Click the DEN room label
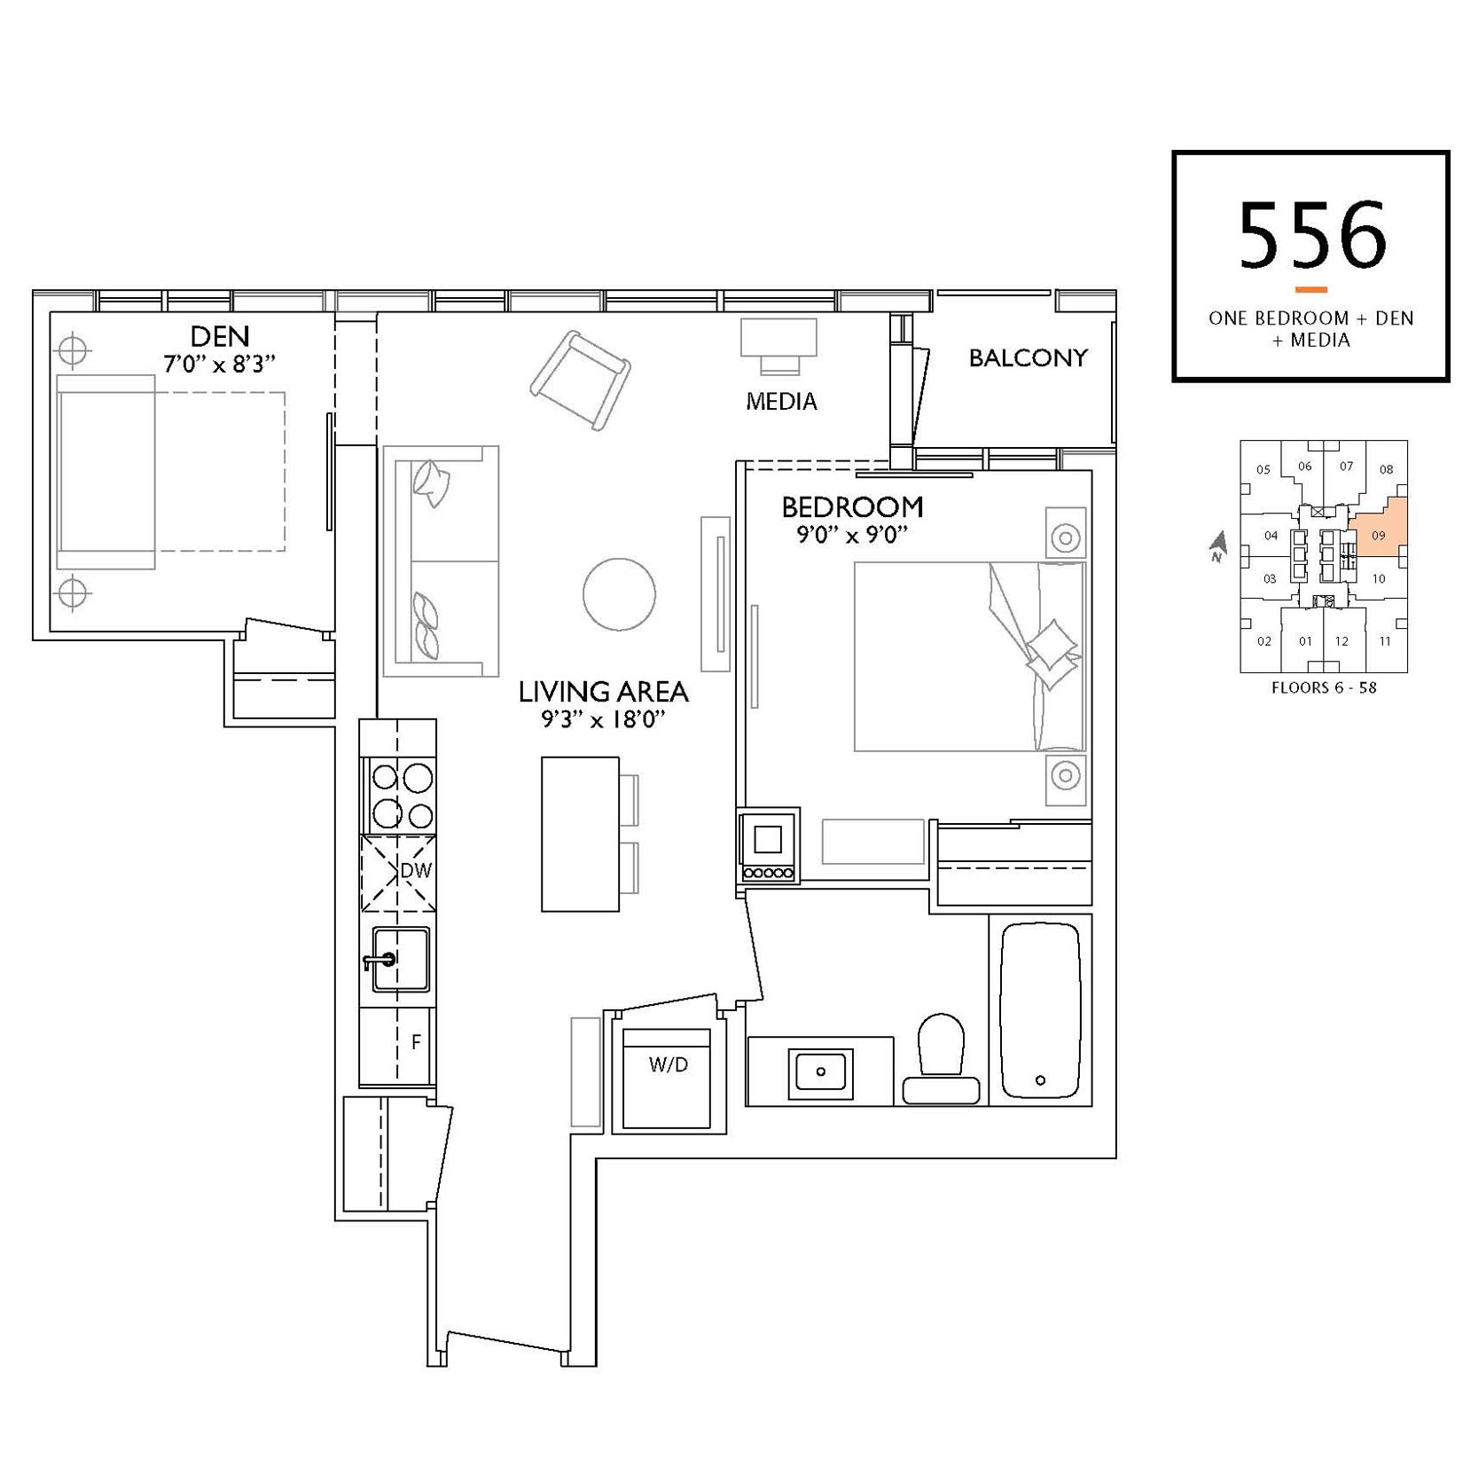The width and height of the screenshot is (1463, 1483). tap(220, 336)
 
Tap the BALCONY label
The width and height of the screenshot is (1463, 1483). tap(1028, 357)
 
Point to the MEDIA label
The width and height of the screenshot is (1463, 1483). tap(781, 402)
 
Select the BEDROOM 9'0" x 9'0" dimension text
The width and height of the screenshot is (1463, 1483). tap(852, 534)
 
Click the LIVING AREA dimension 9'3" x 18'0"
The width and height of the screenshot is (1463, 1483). tap(603, 719)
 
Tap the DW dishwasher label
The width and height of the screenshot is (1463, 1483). tap(416, 870)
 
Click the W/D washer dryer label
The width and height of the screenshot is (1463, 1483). tap(668, 1064)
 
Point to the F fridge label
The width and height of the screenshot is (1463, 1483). tap(416, 1042)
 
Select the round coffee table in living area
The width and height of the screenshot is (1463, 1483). tap(619, 594)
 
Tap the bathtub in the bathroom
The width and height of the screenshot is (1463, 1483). tap(1040, 1010)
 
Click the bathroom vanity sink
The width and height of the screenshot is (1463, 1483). tap(821, 1071)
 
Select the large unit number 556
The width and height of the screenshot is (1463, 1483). tap(1311, 235)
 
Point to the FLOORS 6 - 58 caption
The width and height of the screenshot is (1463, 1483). tap(1324, 687)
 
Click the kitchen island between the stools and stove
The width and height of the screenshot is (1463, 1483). tap(580, 834)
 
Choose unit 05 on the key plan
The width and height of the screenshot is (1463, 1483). tap(1263, 469)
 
